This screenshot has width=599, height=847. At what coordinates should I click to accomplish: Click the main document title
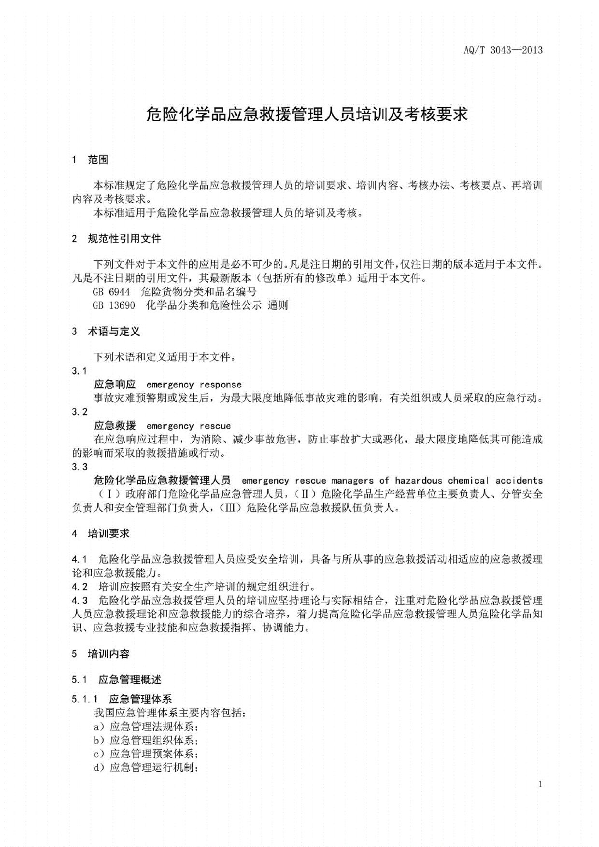point(307,114)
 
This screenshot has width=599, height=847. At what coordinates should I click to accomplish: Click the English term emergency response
point(194,385)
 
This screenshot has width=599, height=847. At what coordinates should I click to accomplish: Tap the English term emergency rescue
point(188,426)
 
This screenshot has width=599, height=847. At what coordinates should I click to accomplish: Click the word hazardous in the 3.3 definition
point(418,480)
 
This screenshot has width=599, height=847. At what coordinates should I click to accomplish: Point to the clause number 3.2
point(80,412)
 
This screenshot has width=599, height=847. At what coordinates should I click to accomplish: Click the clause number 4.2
point(80,587)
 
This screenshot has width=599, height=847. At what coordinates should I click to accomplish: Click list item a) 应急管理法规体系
point(145,727)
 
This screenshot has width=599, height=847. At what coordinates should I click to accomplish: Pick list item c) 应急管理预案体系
point(145,754)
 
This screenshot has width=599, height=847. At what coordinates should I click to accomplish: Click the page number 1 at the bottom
point(540,784)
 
